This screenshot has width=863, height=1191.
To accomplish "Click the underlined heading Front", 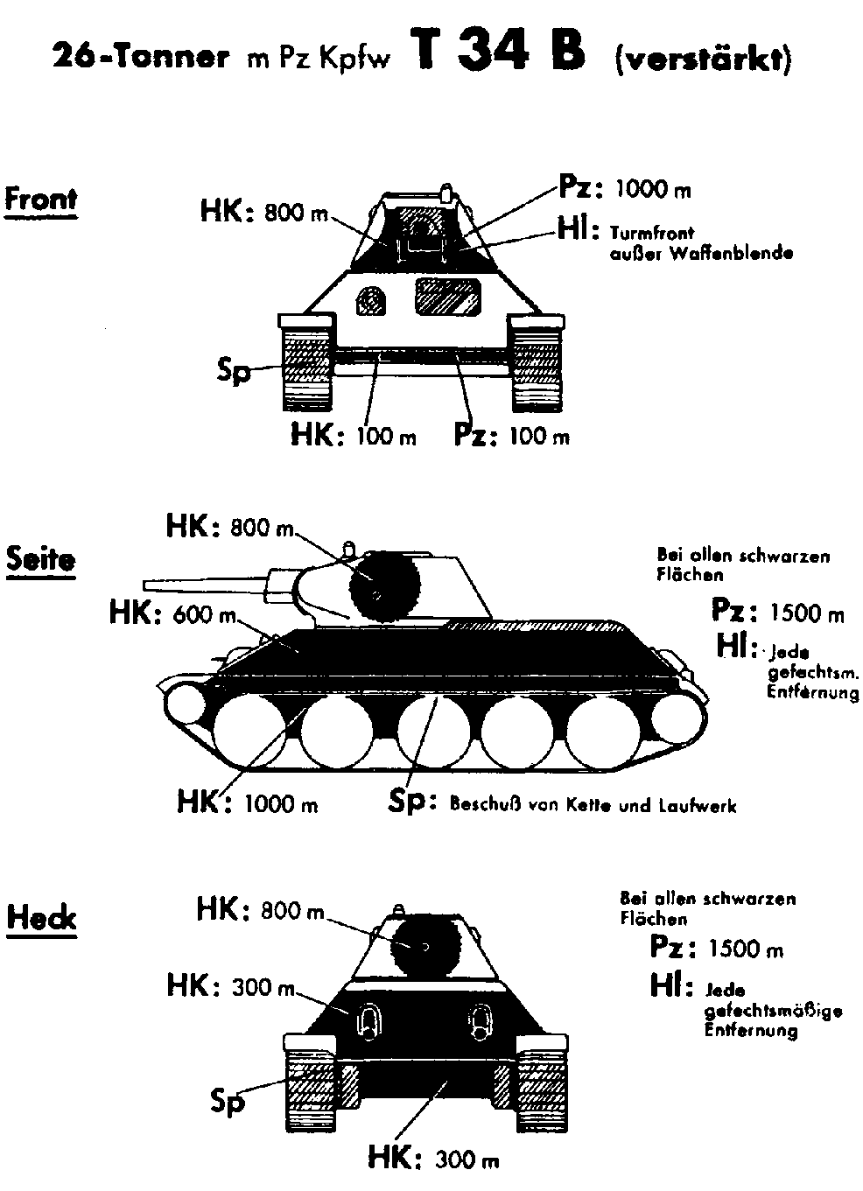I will tap(41, 200).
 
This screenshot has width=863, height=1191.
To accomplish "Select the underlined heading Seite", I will tap(41, 558).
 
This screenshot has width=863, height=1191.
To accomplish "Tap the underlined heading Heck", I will tap(41, 918).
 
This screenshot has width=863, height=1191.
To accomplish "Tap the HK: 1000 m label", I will tap(247, 801).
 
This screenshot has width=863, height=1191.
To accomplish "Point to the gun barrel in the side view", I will tap(206, 582).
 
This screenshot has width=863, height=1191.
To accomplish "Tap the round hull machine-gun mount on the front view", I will tap(370, 300).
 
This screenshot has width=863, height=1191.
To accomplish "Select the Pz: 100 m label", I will tap(511, 434).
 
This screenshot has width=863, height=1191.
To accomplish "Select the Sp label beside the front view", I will tap(234, 371).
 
